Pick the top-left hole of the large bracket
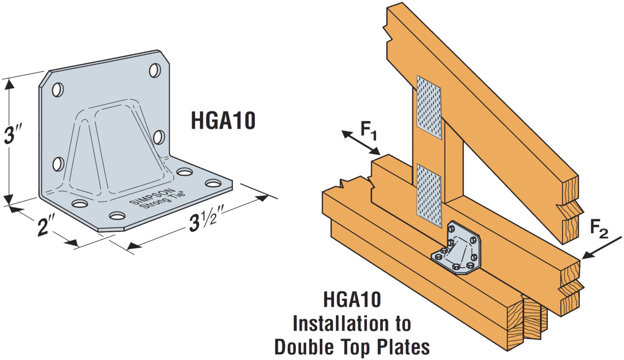58,90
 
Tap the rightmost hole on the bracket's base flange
213,184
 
